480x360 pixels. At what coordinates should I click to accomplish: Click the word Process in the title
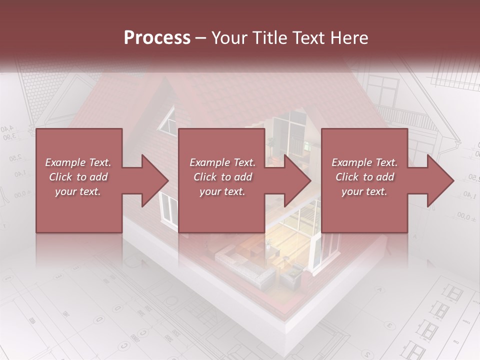coord(157,38)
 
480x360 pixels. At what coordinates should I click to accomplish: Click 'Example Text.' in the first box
coord(78,162)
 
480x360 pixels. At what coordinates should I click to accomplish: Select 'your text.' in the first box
coord(78,191)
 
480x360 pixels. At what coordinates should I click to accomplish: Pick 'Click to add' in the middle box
coord(222,177)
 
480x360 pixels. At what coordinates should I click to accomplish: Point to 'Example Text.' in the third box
coord(364,162)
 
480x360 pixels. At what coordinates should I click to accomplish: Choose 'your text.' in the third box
coord(364,191)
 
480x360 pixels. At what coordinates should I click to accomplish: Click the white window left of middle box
coord(168,207)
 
